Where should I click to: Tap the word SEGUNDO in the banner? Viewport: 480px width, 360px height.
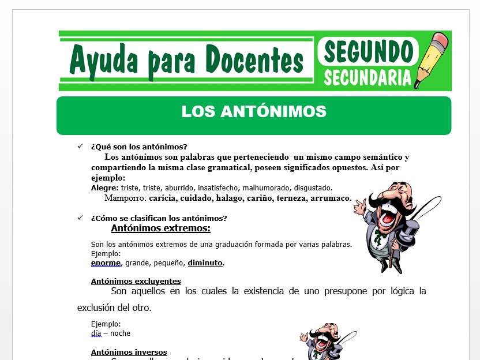(x=367, y=51)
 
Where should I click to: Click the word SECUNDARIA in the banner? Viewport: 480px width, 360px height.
(x=367, y=77)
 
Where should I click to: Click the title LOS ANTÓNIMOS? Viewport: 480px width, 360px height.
(x=254, y=111)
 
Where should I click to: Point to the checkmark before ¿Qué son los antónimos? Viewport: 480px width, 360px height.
(x=80, y=147)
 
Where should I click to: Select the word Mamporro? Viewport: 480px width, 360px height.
(x=125, y=198)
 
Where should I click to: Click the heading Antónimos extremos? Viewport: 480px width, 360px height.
(x=153, y=228)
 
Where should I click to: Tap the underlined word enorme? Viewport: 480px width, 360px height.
(x=106, y=262)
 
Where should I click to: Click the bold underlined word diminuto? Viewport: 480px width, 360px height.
(x=205, y=262)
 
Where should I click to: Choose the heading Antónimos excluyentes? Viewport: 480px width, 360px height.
(x=136, y=281)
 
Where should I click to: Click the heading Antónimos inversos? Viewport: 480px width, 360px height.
(x=129, y=352)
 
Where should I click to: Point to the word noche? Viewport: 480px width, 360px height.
(x=119, y=333)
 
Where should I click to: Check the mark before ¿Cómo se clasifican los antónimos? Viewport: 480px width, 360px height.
(x=80, y=217)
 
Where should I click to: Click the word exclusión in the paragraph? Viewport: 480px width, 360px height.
(x=101, y=307)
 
